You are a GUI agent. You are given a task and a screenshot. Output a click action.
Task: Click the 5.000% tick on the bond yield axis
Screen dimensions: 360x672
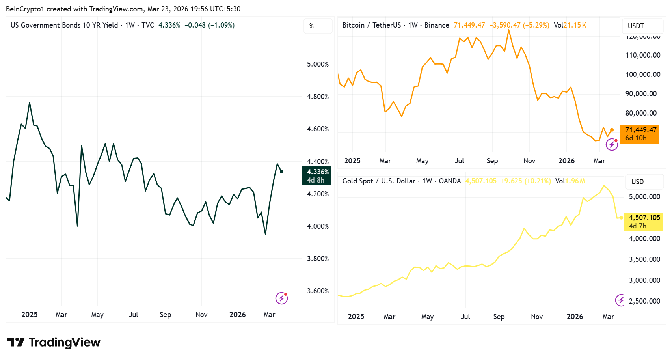[x=318, y=64]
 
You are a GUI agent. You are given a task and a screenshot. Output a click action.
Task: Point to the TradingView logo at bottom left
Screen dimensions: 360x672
[x=54, y=342]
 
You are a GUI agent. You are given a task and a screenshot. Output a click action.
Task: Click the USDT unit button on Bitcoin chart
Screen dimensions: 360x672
[x=636, y=26]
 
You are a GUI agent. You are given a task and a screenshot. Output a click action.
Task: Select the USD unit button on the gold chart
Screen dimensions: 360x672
[x=637, y=182]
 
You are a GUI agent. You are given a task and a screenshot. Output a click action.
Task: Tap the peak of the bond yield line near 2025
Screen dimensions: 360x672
[x=30, y=103]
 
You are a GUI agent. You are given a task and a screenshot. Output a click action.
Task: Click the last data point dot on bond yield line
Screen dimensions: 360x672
[x=281, y=172]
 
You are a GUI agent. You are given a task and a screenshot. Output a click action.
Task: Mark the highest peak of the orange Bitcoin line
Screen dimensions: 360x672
[x=509, y=30]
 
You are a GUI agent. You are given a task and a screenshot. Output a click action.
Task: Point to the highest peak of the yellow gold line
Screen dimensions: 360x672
[x=604, y=185]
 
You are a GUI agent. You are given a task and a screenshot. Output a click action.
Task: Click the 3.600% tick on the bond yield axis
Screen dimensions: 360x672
[x=318, y=291]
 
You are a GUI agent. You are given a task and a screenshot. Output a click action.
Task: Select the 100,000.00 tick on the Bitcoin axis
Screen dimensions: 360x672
[x=642, y=75]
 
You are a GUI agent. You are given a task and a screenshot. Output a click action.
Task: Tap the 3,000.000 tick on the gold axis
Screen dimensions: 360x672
[x=644, y=280]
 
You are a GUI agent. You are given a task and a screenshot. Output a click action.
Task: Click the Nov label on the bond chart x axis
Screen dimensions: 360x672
[x=201, y=315]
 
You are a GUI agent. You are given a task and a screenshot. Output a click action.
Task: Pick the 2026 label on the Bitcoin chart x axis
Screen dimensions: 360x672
[x=566, y=161]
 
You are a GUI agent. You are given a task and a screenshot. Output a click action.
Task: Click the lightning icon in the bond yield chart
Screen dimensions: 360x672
[x=281, y=298]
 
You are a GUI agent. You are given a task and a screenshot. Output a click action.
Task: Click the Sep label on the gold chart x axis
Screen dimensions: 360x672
[x=499, y=317]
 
